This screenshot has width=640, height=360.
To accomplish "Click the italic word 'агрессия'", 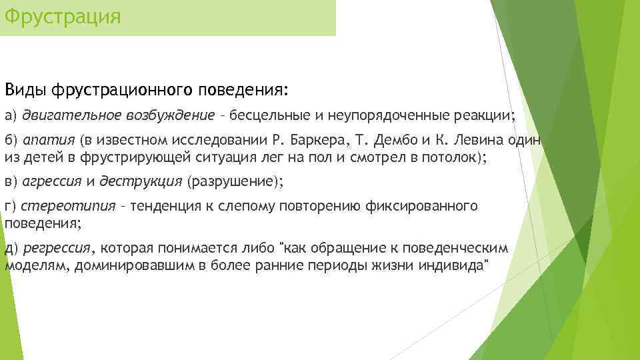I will click(52, 181).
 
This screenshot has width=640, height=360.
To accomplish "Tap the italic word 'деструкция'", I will click(141, 181).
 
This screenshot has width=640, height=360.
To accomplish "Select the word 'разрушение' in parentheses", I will click(229, 181).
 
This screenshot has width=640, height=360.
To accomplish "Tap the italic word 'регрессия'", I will click(57, 248).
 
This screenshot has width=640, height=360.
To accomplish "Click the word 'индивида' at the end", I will click(454, 264).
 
